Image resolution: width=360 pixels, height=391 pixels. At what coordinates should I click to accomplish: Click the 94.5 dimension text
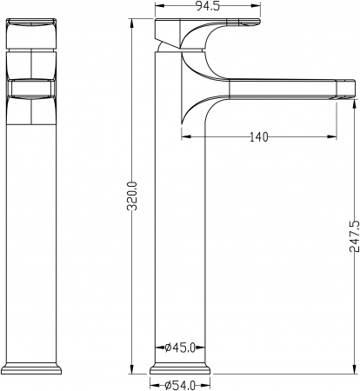(x=181, y=7)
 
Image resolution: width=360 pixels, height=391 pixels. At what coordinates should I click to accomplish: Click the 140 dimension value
(x=257, y=136)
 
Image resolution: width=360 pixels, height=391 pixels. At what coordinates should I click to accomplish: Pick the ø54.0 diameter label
(x=181, y=383)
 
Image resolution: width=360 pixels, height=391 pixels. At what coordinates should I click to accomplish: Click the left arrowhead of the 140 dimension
(x=184, y=136)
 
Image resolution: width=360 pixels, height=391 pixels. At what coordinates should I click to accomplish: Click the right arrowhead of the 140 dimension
(x=334, y=136)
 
